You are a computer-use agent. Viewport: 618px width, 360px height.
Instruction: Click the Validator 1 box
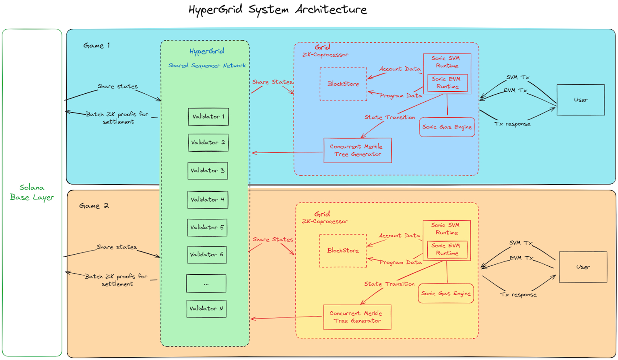pyautogui.click(x=208, y=117)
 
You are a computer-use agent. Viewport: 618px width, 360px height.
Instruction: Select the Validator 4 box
pyautogui.click(x=208, y=200)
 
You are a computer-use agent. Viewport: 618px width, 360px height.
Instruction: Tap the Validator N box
pyautogui.click(x=206, y=309)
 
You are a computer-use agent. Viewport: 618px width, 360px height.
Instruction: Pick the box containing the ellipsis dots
pyautogui.click(x=206, y=284)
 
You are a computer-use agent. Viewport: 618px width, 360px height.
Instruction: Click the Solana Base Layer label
pyautogui.click(x=32, y=192)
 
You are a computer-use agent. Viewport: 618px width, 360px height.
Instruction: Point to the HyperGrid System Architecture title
pyautogui.click(x=278, y=9)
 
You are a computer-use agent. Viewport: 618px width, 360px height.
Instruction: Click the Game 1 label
pyautogui.click(x=97, y=45)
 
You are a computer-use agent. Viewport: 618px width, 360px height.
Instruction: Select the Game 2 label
pyautogui.click(x=94, y=206)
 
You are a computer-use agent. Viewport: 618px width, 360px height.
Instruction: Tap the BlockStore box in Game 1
pyautogui.click(x=343, y=84)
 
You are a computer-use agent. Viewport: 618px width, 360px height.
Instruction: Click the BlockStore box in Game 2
pyautogui.click(x=343, y=251)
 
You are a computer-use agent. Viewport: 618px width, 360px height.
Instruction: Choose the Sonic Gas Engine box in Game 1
pyautogui.click(x=447, y=127)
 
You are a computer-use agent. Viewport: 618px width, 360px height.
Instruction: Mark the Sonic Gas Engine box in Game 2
pyautogui.click(x=446, y=294)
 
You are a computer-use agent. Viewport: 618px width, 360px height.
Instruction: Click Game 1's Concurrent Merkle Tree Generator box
pyautogui.click(x=357, y=150)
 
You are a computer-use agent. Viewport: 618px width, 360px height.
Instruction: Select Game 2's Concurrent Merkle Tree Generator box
pyautogui.click(x=357, y=317)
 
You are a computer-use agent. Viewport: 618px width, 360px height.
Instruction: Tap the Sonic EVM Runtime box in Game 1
pyautogui.click(x=447, y=83)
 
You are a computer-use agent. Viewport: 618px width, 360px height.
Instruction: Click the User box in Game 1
pyautogui.click(x=581, y=100)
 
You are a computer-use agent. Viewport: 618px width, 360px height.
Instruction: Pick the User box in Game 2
pyautogui.click(x=583, y=267)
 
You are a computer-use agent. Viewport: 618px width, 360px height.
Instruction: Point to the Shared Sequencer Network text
pyautogui.click(x=207, y=66)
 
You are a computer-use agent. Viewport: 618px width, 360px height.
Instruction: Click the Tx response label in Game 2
pyautogui.click(x=518, y=294)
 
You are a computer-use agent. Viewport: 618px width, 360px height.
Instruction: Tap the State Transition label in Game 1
pyautogui.click(x=389, y=117)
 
